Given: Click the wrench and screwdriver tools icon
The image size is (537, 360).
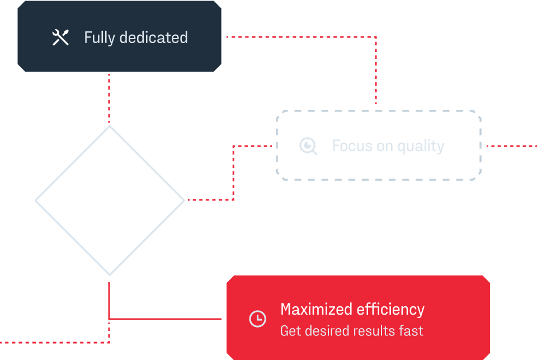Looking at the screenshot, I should click(60, 38).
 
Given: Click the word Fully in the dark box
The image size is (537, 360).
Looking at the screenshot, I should click(100, 38).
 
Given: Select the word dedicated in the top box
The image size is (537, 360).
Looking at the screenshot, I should click(154, 38).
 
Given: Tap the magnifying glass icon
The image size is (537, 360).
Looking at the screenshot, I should click(308, 146).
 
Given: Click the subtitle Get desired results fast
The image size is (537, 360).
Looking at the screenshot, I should click(351, 331).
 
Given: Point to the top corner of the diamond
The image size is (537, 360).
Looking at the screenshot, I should click(110, 127).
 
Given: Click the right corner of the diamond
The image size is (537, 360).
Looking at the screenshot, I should click(183, 200).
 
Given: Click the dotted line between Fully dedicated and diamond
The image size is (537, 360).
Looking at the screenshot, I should click(109, 98).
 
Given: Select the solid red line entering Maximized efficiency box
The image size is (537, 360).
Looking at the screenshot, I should click(168, 319).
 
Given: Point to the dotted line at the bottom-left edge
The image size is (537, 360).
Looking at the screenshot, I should click(50, 342).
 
